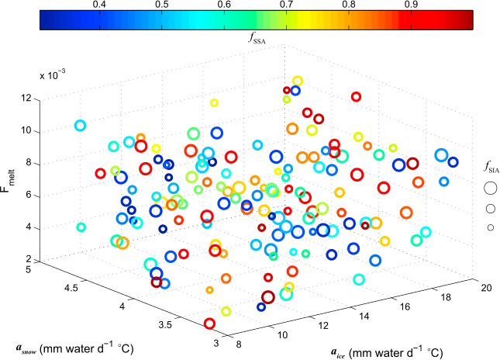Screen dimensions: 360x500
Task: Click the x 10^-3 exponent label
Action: coord(53,77)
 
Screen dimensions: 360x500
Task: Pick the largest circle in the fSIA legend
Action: coord(489,187)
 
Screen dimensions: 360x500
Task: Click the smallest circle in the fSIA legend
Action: coord(489,227)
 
